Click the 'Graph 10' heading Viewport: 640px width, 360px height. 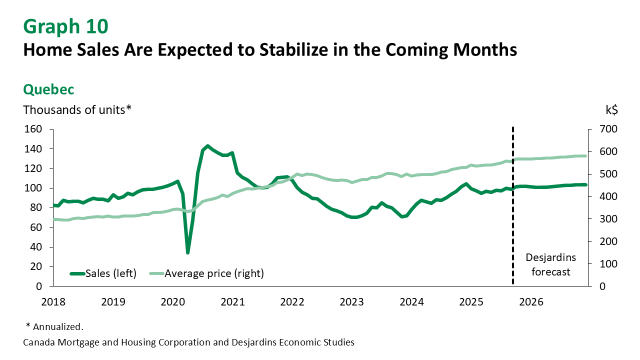tap(65, 25)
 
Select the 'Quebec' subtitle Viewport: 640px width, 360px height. tap(48, 89)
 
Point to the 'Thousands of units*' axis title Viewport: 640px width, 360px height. tap(77, 109)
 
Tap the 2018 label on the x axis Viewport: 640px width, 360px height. tap(53, 302)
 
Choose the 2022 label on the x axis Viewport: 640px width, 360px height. tap(292, 302)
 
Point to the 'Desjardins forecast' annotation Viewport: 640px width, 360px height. tap(551, 265)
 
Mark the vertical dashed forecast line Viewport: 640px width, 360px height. tap(513, 210)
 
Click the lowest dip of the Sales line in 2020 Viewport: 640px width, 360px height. tap(187, 252)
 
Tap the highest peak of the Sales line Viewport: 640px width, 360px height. tap(207, 146)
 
